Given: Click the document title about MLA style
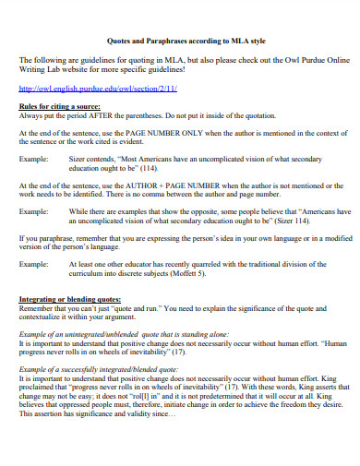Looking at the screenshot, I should pyautogui.click(x=179, y=42).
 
